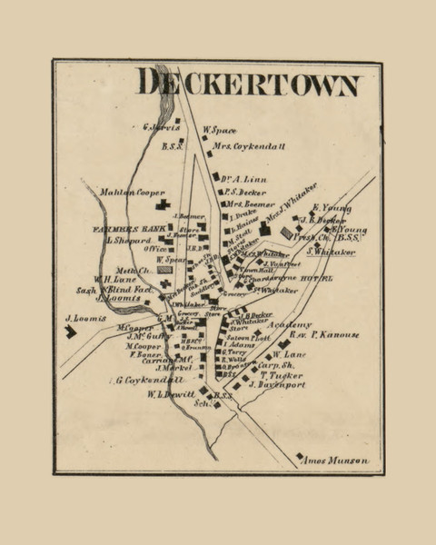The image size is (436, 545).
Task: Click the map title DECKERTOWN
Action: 248,83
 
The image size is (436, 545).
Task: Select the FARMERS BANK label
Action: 125,230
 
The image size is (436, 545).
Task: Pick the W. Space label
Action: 219,130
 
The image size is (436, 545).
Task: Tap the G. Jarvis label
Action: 163,127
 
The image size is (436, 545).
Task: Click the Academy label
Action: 290,324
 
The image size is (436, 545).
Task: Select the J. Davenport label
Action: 279,384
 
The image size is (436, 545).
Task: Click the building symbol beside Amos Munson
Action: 300,456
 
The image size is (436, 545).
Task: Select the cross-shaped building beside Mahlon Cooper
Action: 163,205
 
